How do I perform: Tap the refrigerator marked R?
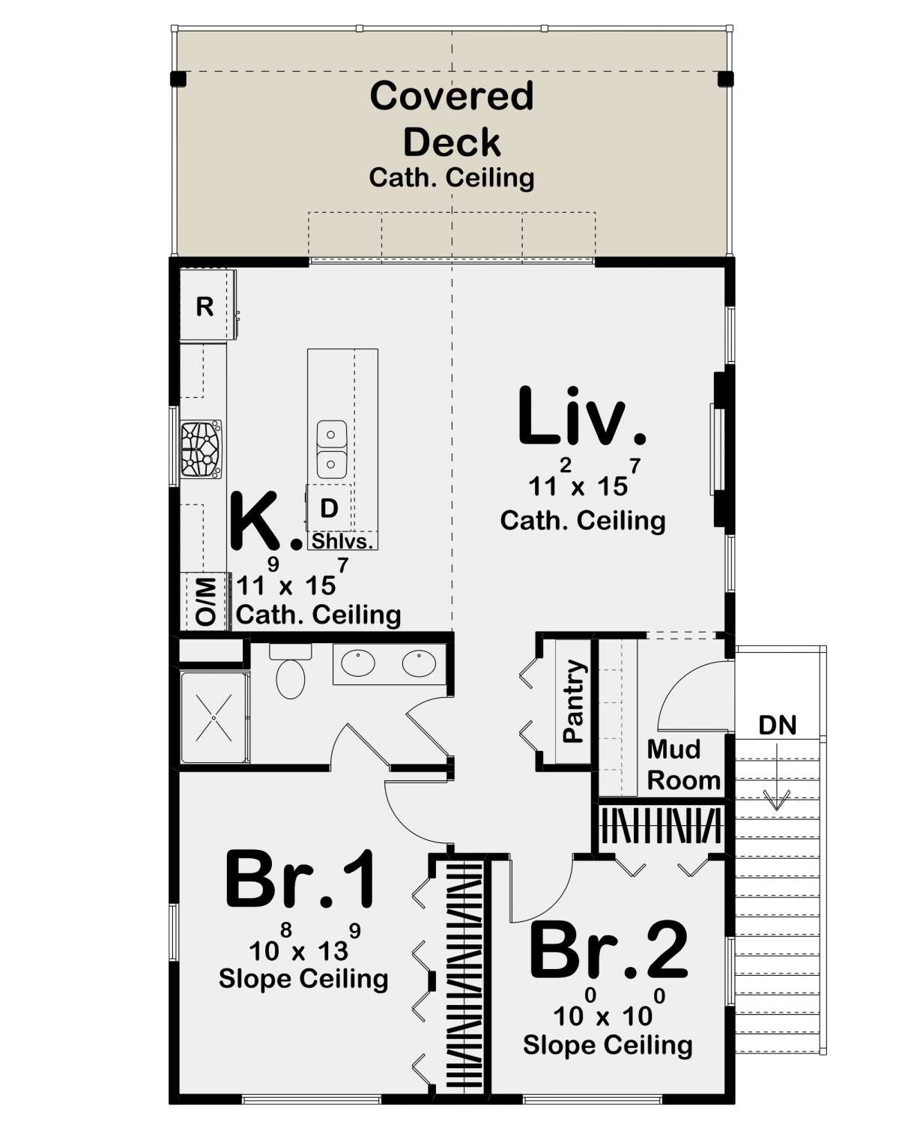pyautogui.click(x=205, y=307)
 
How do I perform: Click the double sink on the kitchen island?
pyautogui.click(x=331, y=449)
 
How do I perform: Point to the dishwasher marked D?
pyautogui.click(x=328, y=508)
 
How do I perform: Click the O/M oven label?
pyautogui.click(x=205, y=601)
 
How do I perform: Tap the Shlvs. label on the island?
pyautogui.click(x=342, y=541)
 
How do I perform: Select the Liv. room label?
pyautogui.click(x=581, y=417)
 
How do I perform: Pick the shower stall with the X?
pyautogui.click(x=214, y=718)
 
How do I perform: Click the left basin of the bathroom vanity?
pyautogui.click(x=358, y=663)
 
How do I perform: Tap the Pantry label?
pyautogui.click(x=573, y=701)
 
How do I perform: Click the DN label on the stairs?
pyautogui.click(x=777, y=725)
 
